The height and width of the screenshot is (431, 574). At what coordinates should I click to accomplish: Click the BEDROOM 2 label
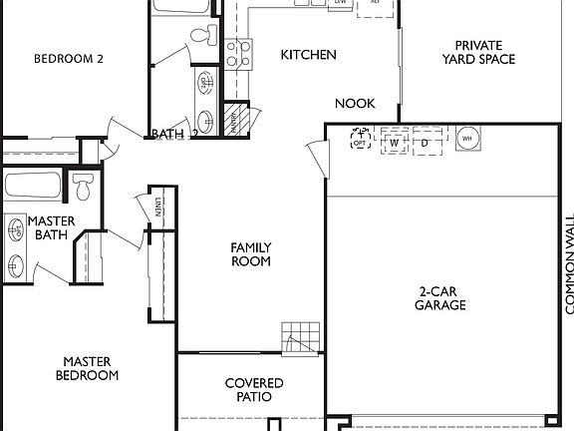point(69,58)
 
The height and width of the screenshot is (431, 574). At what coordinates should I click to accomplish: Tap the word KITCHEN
point(308,55)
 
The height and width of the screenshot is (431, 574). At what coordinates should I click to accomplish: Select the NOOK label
point(354,103)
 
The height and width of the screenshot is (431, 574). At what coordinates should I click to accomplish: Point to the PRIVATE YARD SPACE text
point(484,52)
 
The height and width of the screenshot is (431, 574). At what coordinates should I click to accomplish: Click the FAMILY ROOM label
point(251,254)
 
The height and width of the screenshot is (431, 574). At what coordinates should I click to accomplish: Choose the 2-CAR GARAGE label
point(441,298)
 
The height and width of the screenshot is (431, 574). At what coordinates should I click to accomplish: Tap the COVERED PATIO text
point(253,390)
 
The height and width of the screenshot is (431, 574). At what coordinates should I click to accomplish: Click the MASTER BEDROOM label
point(91,369)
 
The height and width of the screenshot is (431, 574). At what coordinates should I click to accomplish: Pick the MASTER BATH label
point(50,228)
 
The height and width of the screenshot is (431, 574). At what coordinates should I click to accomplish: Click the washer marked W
point(395,143)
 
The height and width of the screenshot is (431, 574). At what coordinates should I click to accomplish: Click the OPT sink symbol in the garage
point(360,140)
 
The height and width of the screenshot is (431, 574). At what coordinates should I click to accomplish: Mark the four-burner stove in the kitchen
point(237,51)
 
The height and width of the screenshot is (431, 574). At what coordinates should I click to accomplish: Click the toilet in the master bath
point(84,186)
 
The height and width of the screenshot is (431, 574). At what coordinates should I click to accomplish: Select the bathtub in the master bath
point(32,185)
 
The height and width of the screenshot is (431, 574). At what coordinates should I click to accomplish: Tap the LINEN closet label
point(157,208)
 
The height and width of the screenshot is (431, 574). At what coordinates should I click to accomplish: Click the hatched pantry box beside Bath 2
point(236,118)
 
